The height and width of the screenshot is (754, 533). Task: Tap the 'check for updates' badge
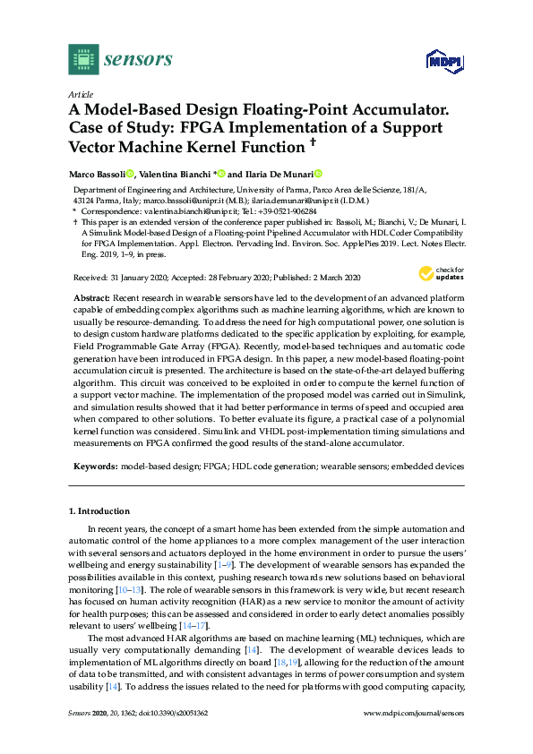click(439, 273)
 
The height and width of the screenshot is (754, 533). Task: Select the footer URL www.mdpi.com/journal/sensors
click(414, 740)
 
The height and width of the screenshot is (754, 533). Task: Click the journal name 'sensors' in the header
click(138, 59)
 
